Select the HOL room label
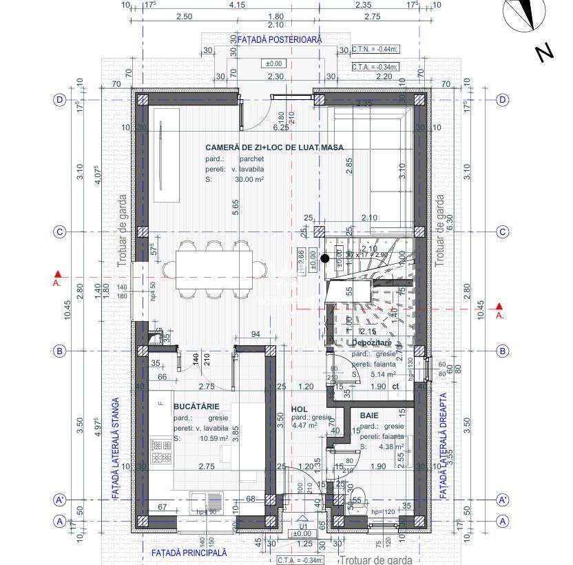298,409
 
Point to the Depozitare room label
371,342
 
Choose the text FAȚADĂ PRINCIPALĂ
189,553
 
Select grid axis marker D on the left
60,100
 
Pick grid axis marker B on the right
503,351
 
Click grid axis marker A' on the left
60,499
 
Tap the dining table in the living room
213,269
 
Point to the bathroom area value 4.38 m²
389,446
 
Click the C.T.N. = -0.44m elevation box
375,50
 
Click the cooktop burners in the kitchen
163,451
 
